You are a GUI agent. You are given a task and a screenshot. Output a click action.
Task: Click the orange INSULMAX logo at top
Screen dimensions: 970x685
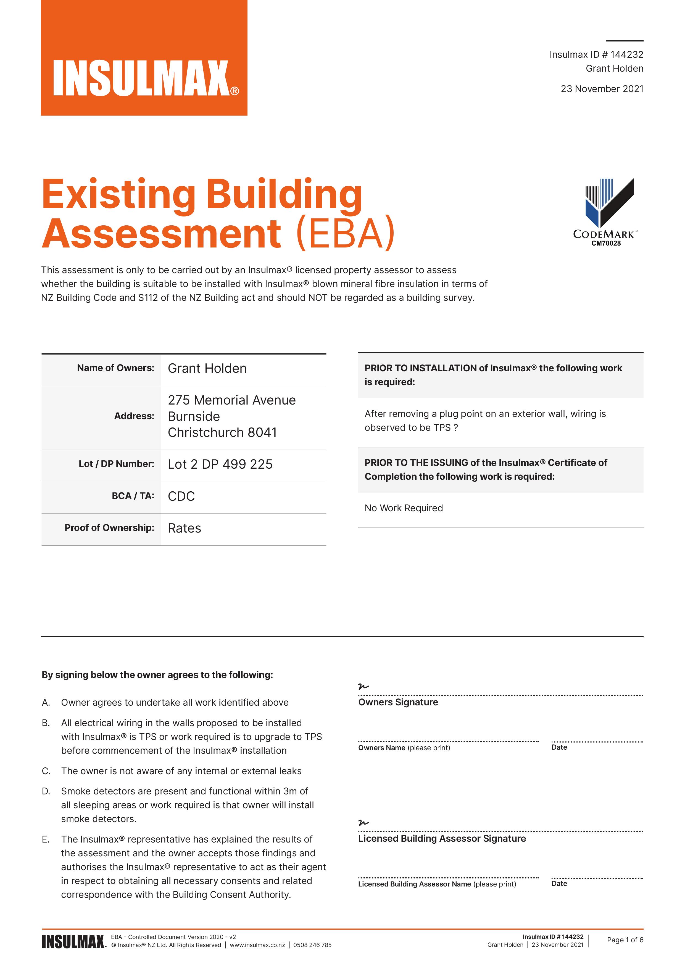pyautogui.click(x=144, y=58)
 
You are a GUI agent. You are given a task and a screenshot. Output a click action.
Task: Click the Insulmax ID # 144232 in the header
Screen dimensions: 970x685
pyautogui.click(x=596, y=54)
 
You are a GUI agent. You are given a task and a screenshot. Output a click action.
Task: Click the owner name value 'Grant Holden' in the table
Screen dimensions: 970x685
pyautogui.click(x=207, y=368)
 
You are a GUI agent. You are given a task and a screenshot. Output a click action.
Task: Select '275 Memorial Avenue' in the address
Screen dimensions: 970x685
pyautogui.click(x=232, y=400)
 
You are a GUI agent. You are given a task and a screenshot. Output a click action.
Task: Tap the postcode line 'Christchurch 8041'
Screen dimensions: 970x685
pyautogui.click(x=222, y=433)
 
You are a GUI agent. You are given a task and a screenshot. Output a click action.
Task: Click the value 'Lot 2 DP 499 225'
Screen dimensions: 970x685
pyautogui.click(x=220, y=464)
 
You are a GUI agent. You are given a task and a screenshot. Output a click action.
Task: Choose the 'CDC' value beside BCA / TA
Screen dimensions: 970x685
pyautogui.click(x=181, y=496)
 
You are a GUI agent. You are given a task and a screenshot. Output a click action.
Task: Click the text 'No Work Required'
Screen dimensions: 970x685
pyautogui.click(x=404, y=508)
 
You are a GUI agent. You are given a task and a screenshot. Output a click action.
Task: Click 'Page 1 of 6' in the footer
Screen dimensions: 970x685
pyautogui.click(x=625, y=940)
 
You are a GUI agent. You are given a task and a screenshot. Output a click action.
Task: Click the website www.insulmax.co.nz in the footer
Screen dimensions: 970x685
pyautogui.click(x=257, y=945)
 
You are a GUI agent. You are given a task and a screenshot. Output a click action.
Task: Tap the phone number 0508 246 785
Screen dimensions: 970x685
pyautogui.click(x=312, y=945)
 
